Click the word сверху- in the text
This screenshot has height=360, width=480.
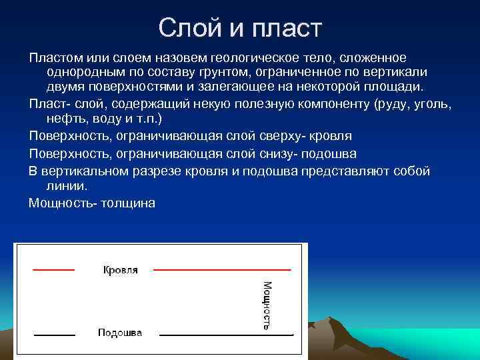coord(300,136)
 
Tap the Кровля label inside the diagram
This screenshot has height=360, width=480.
coord(121,270)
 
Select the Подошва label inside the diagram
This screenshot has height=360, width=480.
coord(120,333)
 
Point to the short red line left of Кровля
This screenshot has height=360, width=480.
coord(54,269)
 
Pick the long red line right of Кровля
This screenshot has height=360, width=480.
coord(222,269)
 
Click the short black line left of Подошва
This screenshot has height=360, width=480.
coord(54,333)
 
